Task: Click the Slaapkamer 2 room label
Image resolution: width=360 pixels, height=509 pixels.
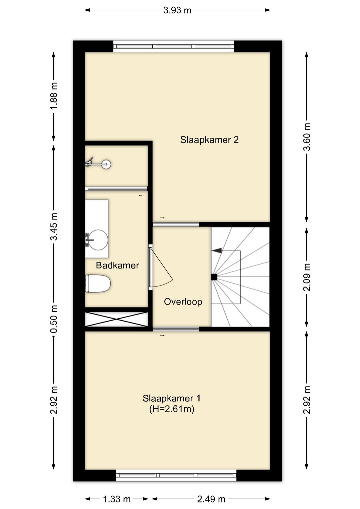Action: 209,140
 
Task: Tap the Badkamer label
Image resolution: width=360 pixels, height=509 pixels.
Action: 117,265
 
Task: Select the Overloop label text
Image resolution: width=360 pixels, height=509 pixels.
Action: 183,302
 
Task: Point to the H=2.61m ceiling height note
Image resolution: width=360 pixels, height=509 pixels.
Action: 172,409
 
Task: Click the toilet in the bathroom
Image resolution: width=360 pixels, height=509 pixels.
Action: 97,284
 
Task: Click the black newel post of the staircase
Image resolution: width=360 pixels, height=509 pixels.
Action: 214,277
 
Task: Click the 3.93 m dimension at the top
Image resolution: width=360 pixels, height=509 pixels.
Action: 177,10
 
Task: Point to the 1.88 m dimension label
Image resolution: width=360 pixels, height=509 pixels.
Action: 54,96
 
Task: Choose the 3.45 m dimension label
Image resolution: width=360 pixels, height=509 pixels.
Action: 54,226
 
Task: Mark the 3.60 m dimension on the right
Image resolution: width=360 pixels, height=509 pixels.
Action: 307,137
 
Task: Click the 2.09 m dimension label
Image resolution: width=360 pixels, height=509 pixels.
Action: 307,277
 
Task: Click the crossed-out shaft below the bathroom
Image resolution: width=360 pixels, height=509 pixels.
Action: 116,319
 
